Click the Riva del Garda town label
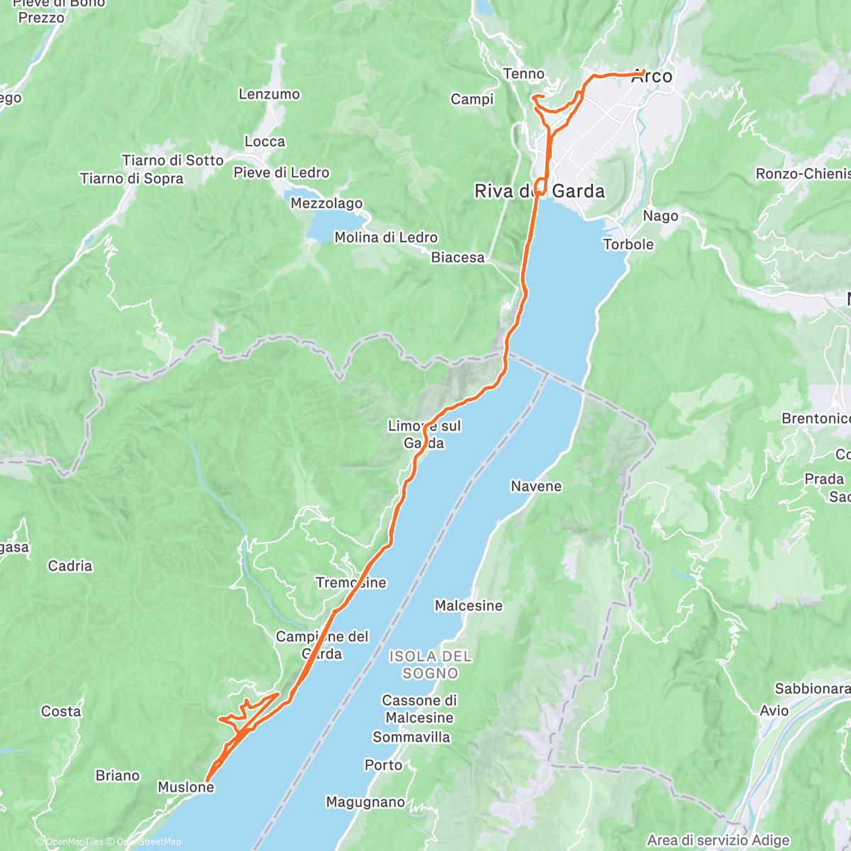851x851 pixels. [x=540, y=191]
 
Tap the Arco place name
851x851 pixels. [x=652, y=77]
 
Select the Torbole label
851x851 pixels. [x=628, y=244]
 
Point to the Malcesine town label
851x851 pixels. [x=468, y=606]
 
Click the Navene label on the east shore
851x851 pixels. [x=536, y=486]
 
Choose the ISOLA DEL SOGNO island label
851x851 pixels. [x=430, y=665]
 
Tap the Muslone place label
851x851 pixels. [x=186, y=787]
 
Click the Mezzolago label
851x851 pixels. [x=327, y=204]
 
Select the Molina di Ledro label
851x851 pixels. [x=386, y=238]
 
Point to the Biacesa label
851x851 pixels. [x=458, y=257]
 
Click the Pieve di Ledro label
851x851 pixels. [x=282, y=172]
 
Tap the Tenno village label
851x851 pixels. [x=523, y=74]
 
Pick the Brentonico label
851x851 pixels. [x=816, y=418]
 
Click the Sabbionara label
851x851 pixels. [x=812, y=689]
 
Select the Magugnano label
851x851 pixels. [x=365, y=802]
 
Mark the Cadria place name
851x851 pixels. [x=70, y=566]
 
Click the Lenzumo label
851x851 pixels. [x=269, y=94]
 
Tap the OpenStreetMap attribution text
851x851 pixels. [x=148, y=842]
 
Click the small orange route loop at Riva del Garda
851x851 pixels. [x=540, y=187]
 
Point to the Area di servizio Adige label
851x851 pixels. [x=718, y=840]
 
